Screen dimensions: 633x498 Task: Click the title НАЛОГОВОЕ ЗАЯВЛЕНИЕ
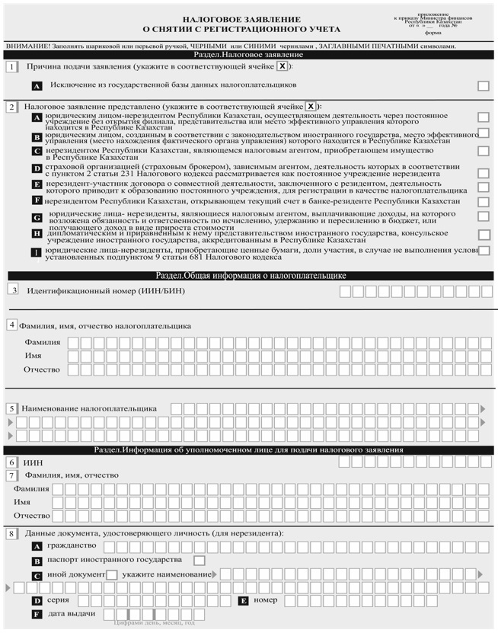click(236, 19)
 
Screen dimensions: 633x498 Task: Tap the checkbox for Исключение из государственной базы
click(483, 86)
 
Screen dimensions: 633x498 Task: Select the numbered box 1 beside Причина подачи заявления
click(12, 67)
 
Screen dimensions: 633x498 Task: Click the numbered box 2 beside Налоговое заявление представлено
click(12, 107)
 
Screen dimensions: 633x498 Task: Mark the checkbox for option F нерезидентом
click(483, 202)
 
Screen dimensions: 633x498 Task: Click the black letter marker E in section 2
click(37, 185)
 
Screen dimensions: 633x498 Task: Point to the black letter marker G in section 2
click(37, 218)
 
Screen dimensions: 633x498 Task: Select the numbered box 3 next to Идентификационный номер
click(13, 290)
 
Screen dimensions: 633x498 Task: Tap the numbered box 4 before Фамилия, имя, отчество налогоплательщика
click(12, 325)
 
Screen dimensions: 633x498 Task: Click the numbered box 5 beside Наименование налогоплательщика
click(12, 408)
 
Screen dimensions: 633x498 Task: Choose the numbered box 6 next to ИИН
click(12, 462)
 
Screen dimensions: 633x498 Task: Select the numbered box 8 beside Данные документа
click(12, 533)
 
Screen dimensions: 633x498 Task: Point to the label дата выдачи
click(72, 614)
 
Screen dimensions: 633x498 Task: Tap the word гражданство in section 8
click(72, 547)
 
